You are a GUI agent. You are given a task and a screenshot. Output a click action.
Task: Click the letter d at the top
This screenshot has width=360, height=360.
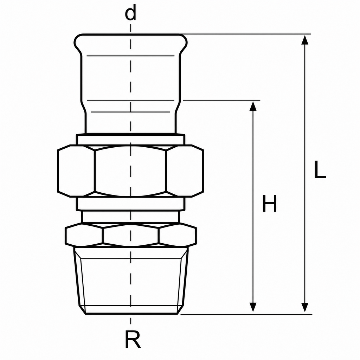(x=130, y=13)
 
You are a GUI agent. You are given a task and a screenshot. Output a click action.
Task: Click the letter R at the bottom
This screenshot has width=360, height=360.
(x=133, y=340)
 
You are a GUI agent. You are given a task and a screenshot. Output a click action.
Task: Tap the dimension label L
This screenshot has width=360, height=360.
(x=320, y=169)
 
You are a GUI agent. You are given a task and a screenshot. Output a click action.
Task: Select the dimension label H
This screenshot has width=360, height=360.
(x=270, y=204)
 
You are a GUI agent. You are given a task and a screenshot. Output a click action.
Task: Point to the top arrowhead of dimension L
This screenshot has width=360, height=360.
(x=305, y=40)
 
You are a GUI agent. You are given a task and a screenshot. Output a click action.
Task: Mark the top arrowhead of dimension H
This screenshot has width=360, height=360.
(x=253, y=106)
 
